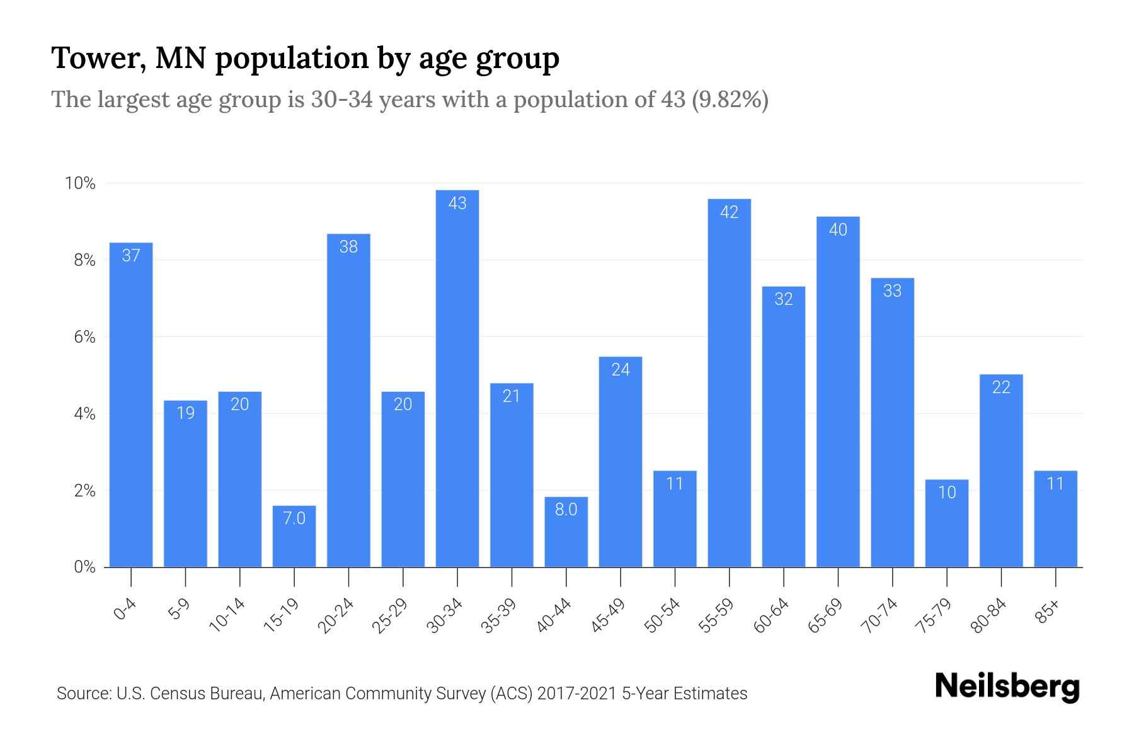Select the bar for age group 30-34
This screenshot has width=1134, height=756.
tap(457, 378)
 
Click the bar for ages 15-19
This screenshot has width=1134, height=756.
tap(294, 536)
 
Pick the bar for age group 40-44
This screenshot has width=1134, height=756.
tap(566, 532)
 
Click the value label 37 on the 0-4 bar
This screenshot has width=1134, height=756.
tap(131, 255)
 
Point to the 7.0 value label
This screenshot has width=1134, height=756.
tap(294, 518)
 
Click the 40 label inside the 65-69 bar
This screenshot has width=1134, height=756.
tap(838, 229)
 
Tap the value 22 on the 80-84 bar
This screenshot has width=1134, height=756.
tap(1001, 387)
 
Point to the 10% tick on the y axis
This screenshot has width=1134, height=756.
tap(80, 183)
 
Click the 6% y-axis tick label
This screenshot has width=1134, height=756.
tap(84, 337)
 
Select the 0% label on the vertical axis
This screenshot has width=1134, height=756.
tap(84, 567)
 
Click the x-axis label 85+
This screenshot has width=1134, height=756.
tap(1047, 612)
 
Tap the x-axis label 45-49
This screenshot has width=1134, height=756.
tap(608, 616)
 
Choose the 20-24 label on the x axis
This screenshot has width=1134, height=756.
tap(336, 616)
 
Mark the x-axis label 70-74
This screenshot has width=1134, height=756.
tap(879, 616)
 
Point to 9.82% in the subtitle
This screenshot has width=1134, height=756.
tap(730, 100)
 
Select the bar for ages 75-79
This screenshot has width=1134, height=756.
tap(946, 523)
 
